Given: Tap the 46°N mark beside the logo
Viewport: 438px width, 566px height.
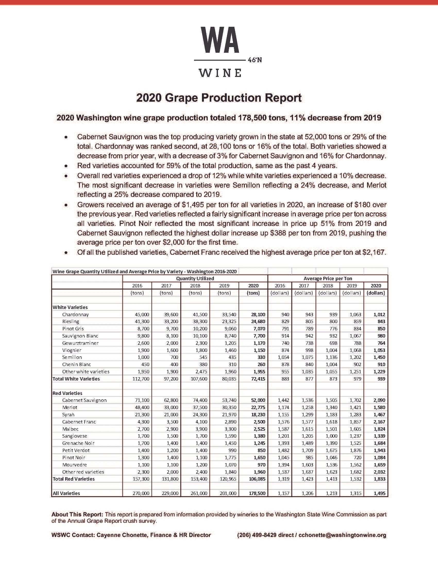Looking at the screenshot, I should (x=255, y=60).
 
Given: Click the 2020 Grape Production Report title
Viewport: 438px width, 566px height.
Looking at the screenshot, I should (x=219, y=98).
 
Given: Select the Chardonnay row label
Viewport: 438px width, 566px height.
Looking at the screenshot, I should (x=75, y=314).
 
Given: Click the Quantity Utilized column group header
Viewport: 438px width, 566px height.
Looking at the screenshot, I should (x=195, y=278).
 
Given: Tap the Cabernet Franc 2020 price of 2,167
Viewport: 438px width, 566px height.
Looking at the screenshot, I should (x=379, y=422).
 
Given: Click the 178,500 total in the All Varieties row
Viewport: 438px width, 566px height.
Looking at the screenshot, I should (x=257, y=493).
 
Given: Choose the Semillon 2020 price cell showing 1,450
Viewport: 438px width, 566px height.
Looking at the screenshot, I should (x=379, y=357).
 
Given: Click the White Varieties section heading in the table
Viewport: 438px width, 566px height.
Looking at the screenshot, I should (x=70, y=307).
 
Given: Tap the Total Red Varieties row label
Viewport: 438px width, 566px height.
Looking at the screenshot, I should (x=73, y=479).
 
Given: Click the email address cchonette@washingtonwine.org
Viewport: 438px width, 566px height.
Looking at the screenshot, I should (x=342, y=535).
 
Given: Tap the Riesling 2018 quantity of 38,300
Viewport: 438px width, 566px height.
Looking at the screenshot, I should (x=200, y=321).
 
